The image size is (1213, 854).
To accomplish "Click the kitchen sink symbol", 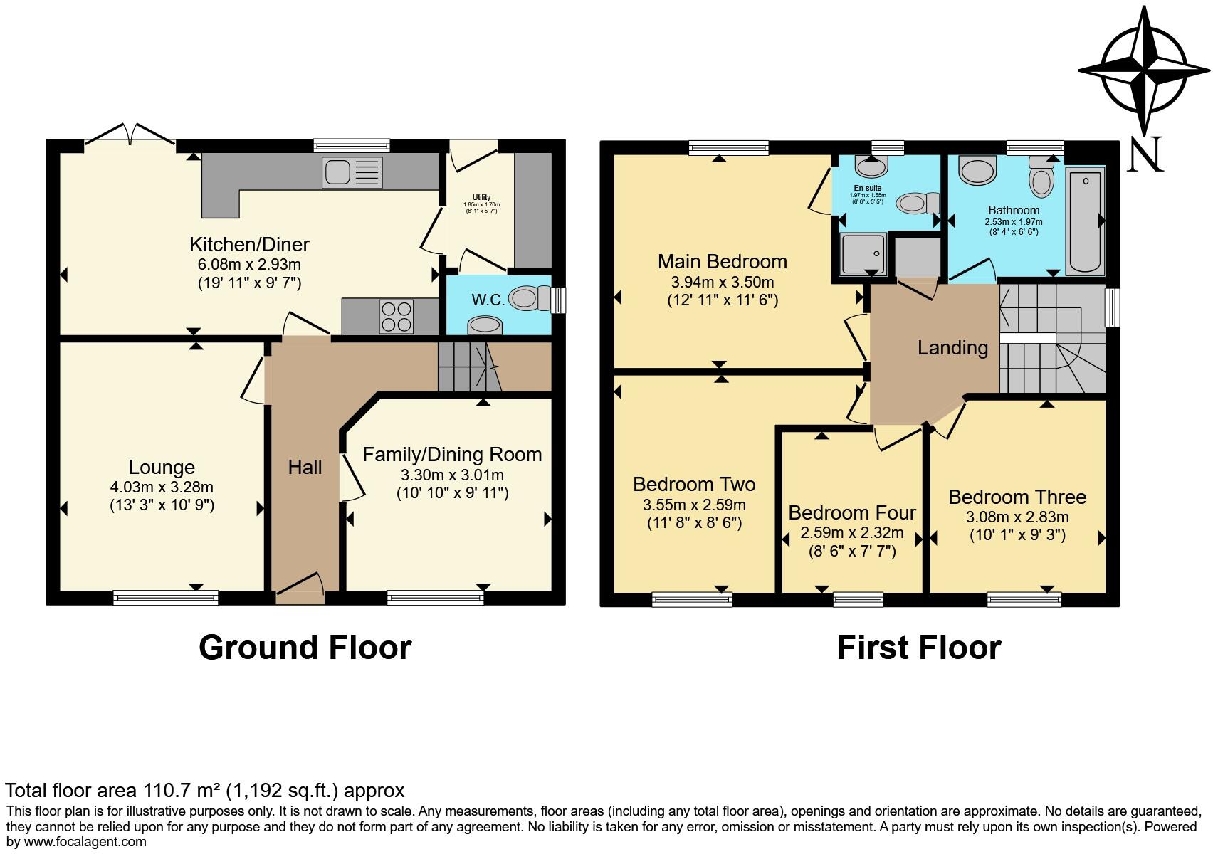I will tap(352, 172).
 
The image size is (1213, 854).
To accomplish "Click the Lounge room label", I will tap(162, 468).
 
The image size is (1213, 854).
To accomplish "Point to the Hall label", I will tap(305, 468).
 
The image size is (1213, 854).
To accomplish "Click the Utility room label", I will tap(481, 198).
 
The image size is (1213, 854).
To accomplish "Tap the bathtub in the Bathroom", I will tap(1085, 220).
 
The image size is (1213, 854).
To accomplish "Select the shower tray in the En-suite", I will tap(863, 254).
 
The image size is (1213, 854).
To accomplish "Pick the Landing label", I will tap(952, 348).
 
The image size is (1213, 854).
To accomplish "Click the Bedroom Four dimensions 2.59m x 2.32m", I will tap(852, 533).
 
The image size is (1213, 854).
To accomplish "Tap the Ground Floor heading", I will tap(305, 648).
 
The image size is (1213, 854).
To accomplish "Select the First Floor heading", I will tap(918, 648).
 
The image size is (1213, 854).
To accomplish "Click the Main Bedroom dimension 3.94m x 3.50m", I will tap(722, 283).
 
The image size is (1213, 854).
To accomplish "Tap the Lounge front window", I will tap(166, 599).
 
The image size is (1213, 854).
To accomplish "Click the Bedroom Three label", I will tap(1017, 497).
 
